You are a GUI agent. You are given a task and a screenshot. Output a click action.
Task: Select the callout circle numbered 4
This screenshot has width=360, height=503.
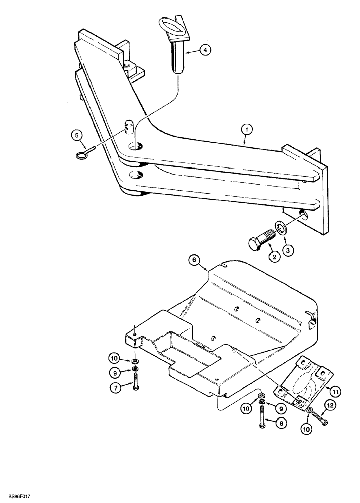pyautogui.click(x=205, y=50)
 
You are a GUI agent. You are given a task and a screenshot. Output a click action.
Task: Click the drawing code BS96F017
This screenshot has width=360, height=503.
pyautogui.click(x=19, y=494)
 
